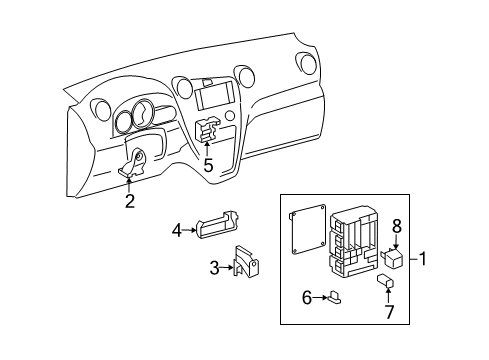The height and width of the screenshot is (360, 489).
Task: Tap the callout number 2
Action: (130, 202)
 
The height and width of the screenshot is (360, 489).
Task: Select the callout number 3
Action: (214, 267)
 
